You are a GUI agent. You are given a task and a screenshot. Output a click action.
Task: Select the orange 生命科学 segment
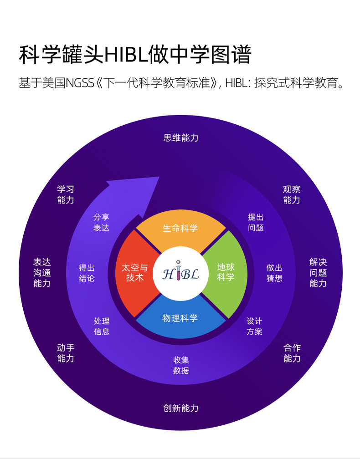coord(180,228)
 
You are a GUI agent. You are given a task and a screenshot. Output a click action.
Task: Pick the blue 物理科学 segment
coord(180,318)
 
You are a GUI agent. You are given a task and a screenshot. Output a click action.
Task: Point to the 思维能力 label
coord(181,138)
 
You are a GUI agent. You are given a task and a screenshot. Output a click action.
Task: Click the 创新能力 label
coord(181,408)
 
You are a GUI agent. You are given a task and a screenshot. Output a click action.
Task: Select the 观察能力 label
coord(292,194)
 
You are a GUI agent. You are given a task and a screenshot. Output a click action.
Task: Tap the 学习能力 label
coord(66,194)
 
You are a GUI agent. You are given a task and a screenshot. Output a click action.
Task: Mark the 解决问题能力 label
coord(318,273)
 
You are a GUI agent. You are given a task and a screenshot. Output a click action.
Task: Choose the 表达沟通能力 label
coord(42,273)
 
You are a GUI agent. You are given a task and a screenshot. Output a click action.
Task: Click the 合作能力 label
coord(292,353)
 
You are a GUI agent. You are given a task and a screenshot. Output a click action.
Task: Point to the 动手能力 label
coord(66,353)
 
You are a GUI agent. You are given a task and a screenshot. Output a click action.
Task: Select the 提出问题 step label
coord(256,223)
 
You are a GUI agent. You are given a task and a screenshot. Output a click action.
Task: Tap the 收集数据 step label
coord(181,365)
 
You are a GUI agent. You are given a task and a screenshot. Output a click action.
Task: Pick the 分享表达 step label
coord(101,223)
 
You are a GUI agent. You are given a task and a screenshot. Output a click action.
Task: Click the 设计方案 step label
coord(254,326)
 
